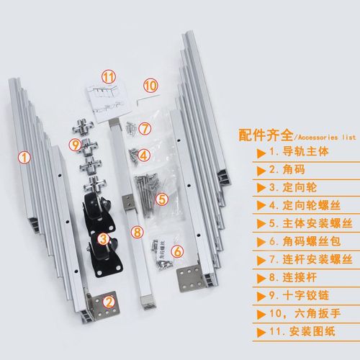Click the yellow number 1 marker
25,156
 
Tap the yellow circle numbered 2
109,302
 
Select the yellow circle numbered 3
104,238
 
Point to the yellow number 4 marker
144,154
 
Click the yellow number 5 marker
163,199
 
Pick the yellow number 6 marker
178,251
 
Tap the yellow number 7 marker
145,130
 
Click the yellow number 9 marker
76,144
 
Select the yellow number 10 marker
150,85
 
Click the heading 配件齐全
264,135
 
